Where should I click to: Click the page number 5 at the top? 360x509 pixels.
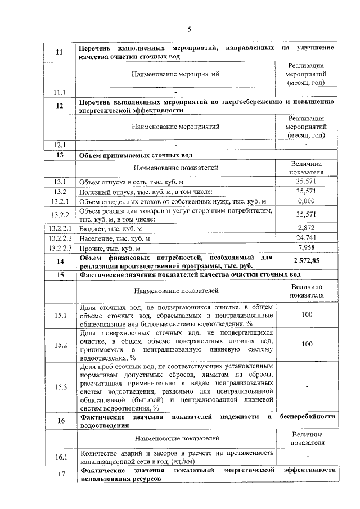[x=189, y=29]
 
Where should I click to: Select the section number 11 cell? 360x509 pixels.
[x=60, y=52]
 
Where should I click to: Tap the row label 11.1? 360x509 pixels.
[x=60, y=92]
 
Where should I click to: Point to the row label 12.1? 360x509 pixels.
[x=60, y=145]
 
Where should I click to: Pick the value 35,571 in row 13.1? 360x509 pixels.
[x=306, y=182]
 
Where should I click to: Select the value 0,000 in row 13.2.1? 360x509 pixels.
[x=306, y=201]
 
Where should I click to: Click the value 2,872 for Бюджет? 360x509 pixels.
[x=306, y=228]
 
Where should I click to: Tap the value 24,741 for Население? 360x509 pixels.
[x=306, y=238]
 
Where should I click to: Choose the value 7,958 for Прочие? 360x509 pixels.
[x=306, y=248]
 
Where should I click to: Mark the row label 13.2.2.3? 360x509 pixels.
[x=60, y=248]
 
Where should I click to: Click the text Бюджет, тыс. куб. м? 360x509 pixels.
[x=110, y=228]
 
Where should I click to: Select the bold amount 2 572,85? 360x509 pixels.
[x=306, y=261]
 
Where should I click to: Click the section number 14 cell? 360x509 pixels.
[x=60, y=262]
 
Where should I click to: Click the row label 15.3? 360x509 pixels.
[x=60, y=387]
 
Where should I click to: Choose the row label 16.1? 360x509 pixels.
[x=60, y=457]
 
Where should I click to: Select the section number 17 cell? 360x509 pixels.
[x=60, y=474]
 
